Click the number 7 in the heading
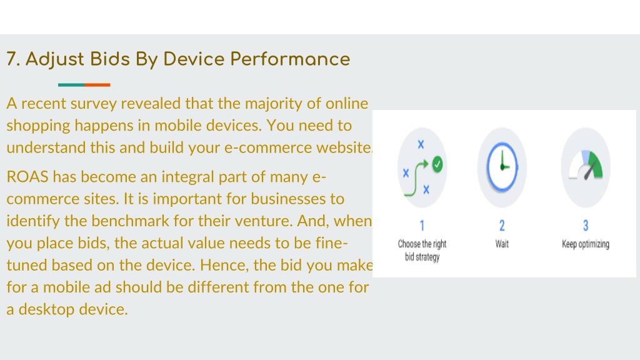pyautogui.click(x=12, y=59)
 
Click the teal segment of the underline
pyautogui.click(x=71, y=85)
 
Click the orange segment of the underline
pyautogui.click(x=97, y=85)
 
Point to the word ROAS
pyautogui.click(x=27, y=177)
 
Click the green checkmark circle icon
pyautogui.click(x=437, y=165)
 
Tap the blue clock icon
pyautogui.click(x=502, y=167)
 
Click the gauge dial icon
pyautogui.click(x=586, y=165)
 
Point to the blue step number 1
pyautogui.click(x=422, y=225)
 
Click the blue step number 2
pyautogui.click(x=502, y=225)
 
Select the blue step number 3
pyautogui.click(x=586, y=225)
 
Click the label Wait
pyautogui.click(x=502, y=244)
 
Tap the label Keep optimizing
pyautogui.click(x=586, y=244)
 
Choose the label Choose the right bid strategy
pyautogui.click(x=422, y=250)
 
